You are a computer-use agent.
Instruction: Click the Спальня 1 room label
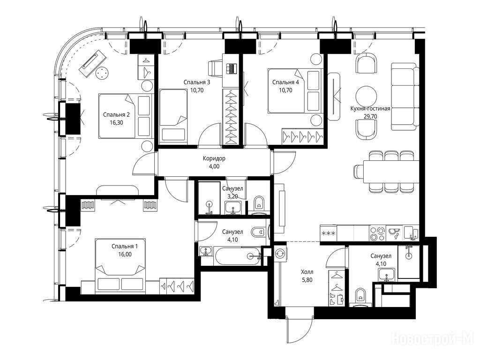click(x=125, y=246)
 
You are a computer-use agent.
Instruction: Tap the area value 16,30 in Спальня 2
click(x=116, y=123)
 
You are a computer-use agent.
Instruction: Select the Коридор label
click(x=214, y=158)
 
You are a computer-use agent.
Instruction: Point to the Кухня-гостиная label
click(x=370, y=109)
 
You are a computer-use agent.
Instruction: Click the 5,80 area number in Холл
click(x=307, y=280)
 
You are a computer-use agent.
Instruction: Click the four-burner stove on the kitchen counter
click(x=377, y=233)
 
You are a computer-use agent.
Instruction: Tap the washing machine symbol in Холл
click(x=280, y=253)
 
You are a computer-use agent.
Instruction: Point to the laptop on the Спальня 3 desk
click(x=231, y=68)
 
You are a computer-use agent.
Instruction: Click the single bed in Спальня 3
click(x=173, y=115)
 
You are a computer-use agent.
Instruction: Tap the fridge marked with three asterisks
click(x=329, y=233)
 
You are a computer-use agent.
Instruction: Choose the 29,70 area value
click(x=370, y=116)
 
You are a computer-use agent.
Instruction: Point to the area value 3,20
click(x=233, y=196)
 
